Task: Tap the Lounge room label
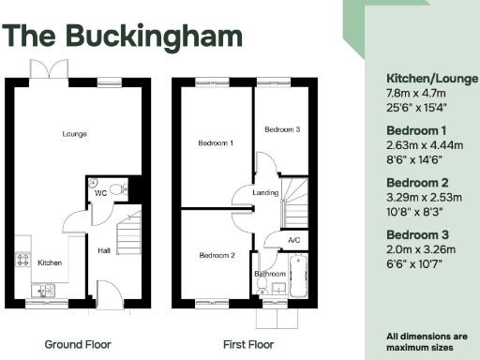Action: (74, 134)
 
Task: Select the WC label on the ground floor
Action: (99, 193)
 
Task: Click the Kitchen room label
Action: (50, 262)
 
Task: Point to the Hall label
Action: (105, 250)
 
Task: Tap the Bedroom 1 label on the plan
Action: (216, 143)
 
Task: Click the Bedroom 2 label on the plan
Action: (216, 255)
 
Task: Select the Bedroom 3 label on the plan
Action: (281, 129)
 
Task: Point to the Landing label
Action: (266, 194)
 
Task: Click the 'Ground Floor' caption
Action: (78, 344)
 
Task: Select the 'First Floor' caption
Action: (248, 344)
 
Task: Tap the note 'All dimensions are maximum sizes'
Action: (427, 340)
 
